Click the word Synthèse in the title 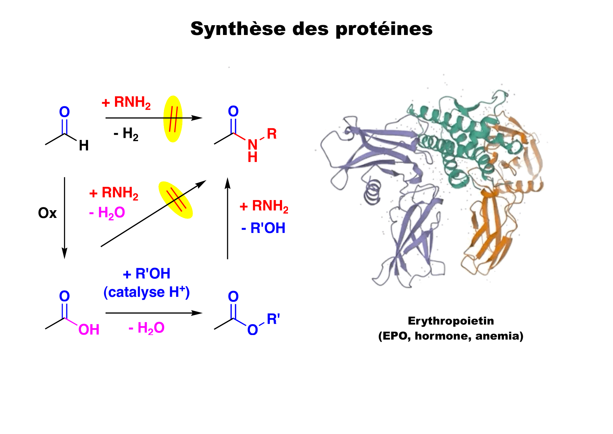[238, 29]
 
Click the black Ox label [47, 213]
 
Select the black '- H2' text [126, 134]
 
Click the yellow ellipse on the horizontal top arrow [173, 119]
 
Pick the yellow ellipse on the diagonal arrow [175, 200]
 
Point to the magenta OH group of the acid [89, 330]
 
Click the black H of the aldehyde [84, 145]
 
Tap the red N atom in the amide [252, 144]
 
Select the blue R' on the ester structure [273, 319]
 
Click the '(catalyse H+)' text [146, 292]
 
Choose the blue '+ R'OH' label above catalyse [146, 274]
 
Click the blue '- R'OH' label [264, 228]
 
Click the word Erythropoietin [450, 321]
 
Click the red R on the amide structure [272, 134]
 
